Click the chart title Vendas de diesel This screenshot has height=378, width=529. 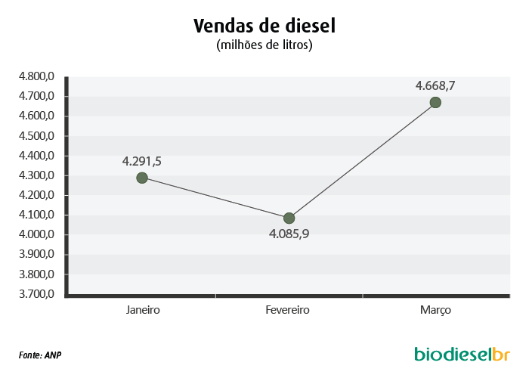coord(264,26)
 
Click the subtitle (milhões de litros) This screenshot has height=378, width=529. coord(264,45)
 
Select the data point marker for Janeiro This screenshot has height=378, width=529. coord(142,178)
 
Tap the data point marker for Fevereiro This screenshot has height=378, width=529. coord(289,218)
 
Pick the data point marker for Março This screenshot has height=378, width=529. coord(435,103)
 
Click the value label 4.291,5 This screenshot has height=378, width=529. coord(142,162)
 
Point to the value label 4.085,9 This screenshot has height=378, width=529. coord(289,234)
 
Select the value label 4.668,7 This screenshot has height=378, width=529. coord(435,86)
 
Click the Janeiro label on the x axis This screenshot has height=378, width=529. coord(143,310)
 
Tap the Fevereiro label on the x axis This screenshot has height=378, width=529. coord(287,310)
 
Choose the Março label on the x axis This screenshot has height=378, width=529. coord(435,310)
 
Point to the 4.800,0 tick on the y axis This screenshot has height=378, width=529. coord(36,76)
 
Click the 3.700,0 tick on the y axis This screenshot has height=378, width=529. coord(36,294)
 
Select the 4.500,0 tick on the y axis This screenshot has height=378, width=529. coord(36,136)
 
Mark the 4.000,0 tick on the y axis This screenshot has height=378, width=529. coord(36,234)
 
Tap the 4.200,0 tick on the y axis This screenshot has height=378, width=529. coord(36,195)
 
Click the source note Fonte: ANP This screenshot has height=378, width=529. coord(40,355)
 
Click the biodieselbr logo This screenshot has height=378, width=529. coord(462,354)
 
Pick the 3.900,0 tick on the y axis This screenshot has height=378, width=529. coord(36,254)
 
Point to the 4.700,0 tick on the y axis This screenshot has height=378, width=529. coord(36,96)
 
